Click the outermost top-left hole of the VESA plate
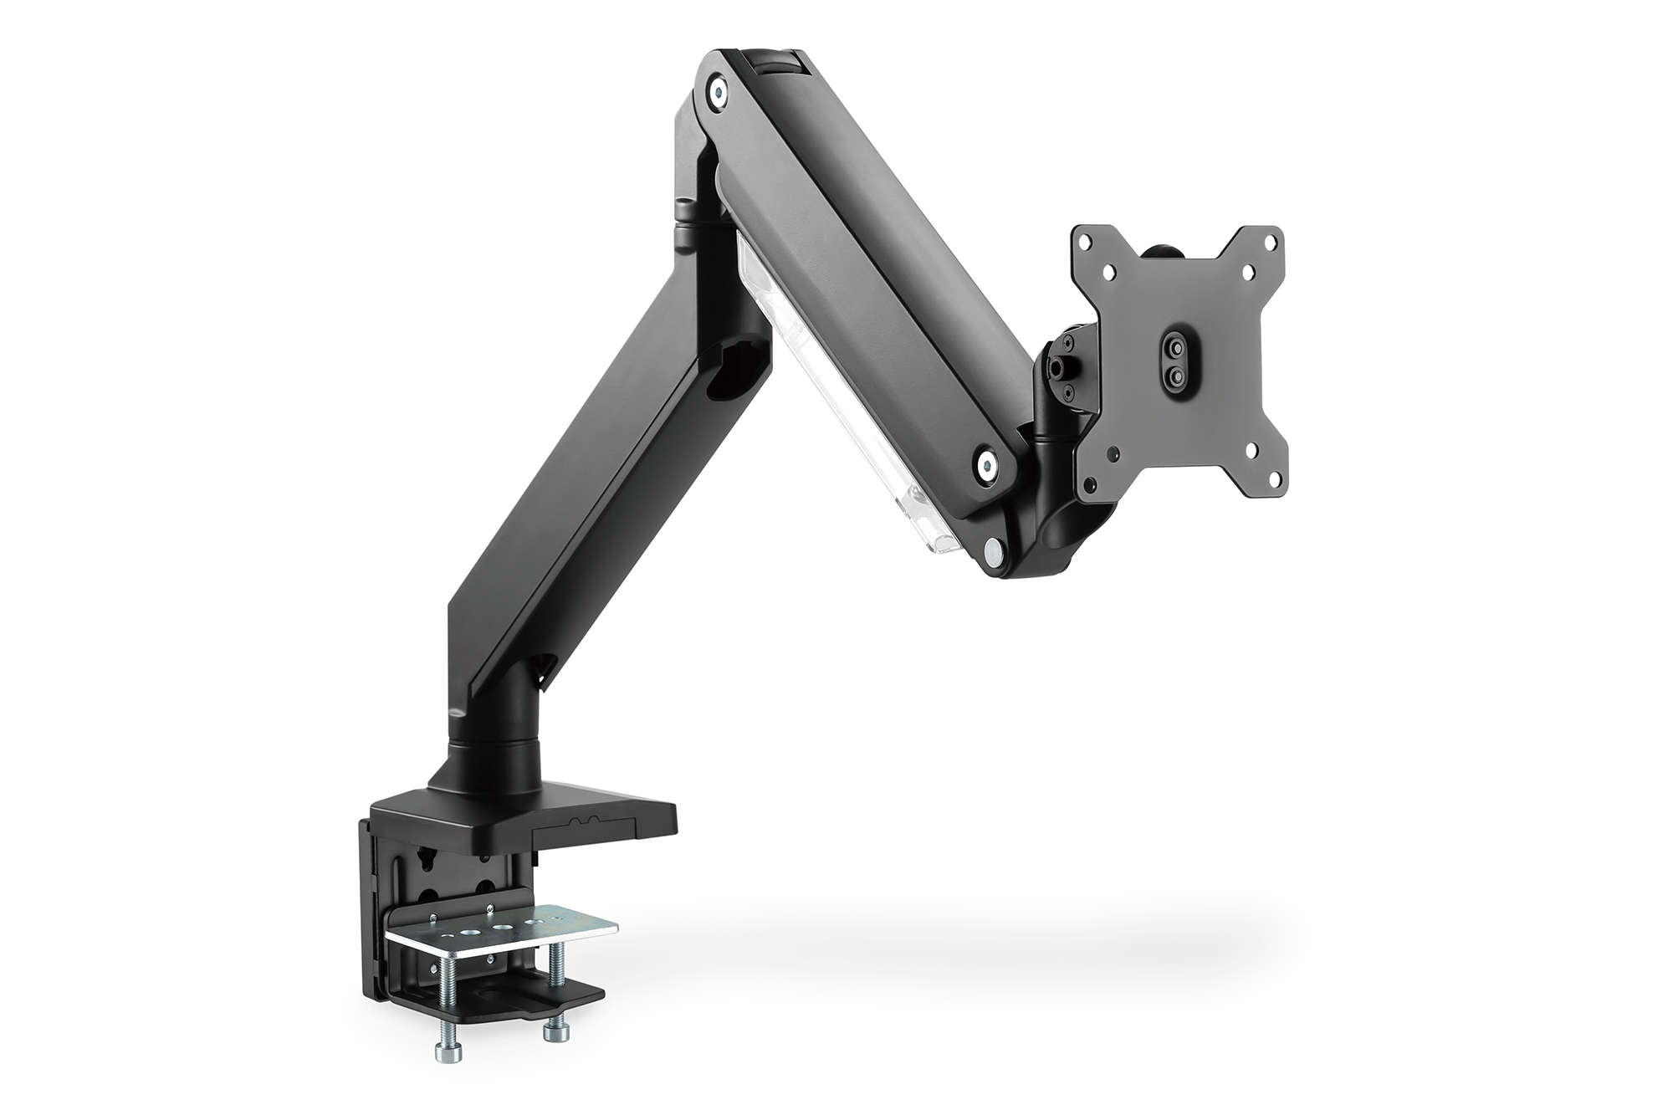point(1085,241)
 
